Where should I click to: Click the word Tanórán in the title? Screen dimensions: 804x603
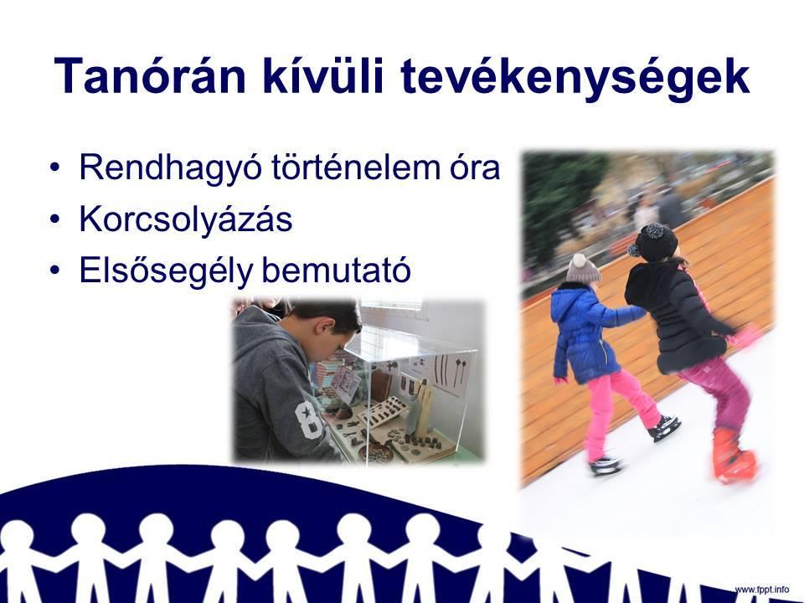click(x=150, y=76)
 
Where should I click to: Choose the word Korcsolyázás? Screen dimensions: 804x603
click(x=186, y=219)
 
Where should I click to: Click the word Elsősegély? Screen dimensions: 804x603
click(x=166, y=271)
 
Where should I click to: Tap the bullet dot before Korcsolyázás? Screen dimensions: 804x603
click(x=55, y=219)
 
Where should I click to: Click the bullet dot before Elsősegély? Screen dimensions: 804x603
click(x=55, y=271)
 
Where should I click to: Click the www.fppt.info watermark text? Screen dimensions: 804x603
click(x=762, y=589)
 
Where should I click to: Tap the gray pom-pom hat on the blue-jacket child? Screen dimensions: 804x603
click(x=583, y=268)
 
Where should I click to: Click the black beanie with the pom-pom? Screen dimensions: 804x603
click(x=653, y=243)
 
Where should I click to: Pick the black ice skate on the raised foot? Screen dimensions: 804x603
click(x=664, y=428)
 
